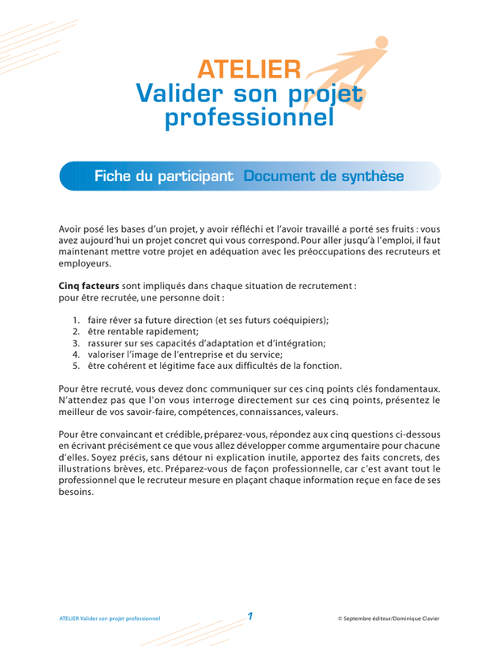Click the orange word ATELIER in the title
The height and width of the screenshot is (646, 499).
249,71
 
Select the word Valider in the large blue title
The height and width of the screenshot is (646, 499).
173,94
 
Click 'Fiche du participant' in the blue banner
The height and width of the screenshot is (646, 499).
164,176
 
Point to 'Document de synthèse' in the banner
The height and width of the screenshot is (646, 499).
323,176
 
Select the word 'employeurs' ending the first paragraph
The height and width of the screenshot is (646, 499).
85,263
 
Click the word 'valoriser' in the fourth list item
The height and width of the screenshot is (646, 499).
108,354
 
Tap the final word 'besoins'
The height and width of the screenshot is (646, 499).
78,492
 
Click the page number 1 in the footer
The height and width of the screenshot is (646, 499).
250,617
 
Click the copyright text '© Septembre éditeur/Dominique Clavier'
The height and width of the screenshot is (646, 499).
388,619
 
